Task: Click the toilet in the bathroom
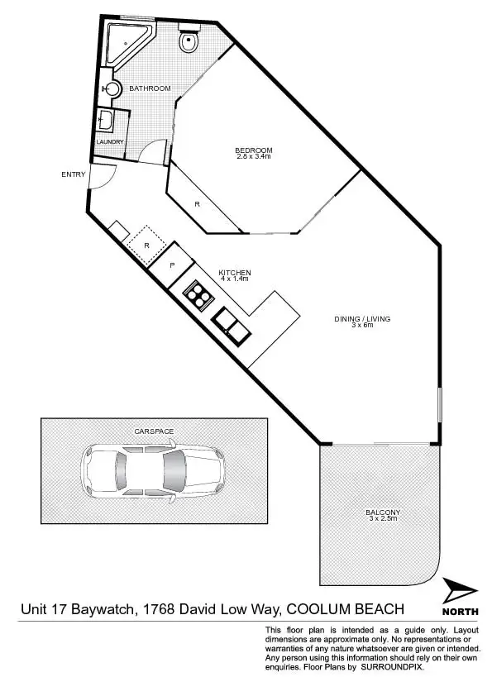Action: (189, 39)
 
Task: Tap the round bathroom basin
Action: (112, 88)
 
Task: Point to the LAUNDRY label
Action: (109, 142)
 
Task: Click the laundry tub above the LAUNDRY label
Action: (107, 122)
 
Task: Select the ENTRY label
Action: (73, 174)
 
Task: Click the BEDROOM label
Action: (254, 150)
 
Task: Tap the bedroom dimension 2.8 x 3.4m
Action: (254, 156)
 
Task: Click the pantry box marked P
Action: (172, 265)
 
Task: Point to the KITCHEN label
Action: (234, 272)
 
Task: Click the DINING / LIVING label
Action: (361, 318)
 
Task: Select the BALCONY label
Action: (382, 512)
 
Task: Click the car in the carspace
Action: (153, 472)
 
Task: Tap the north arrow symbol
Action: (460, 591)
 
